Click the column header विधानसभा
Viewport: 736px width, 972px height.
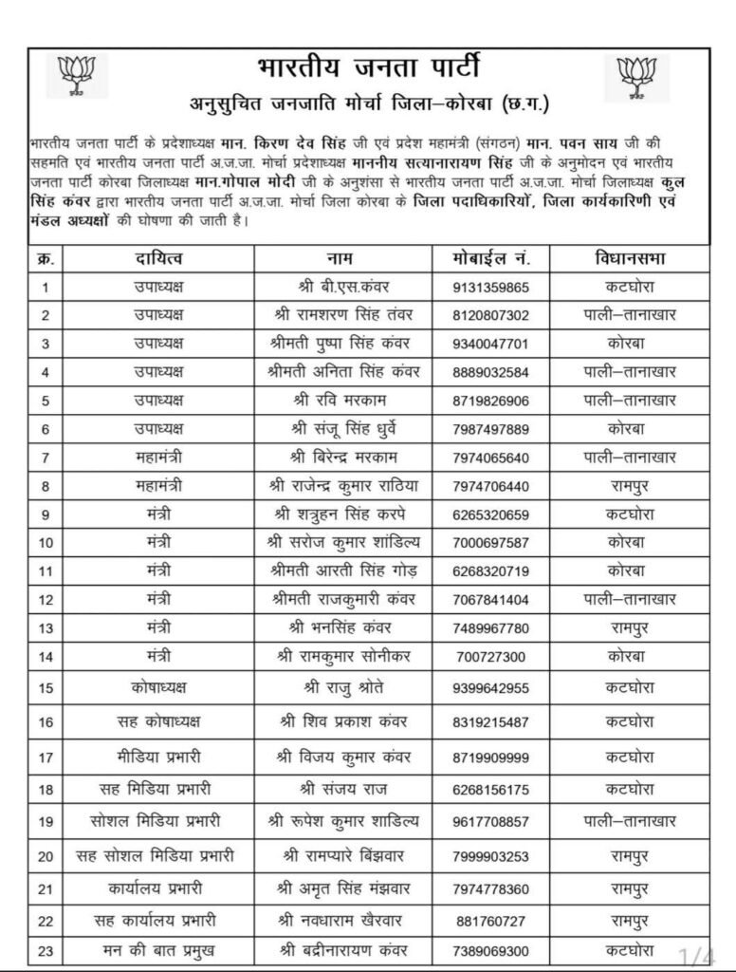click(629, 258)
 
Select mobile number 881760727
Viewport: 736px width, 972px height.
click(488, 922)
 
